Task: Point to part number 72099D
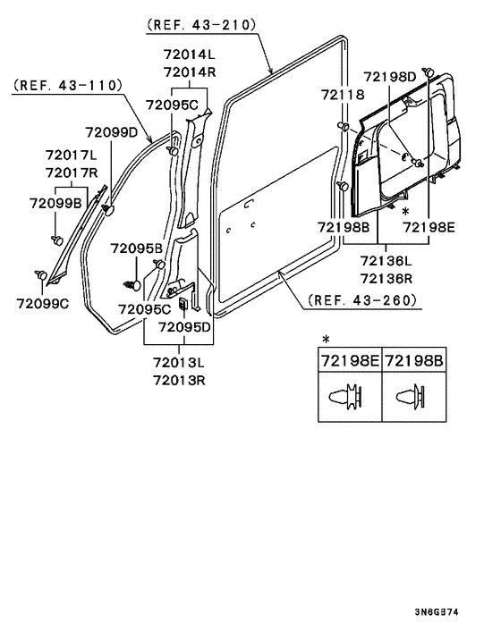click(x=112, y=133)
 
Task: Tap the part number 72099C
click(x=42, y=304)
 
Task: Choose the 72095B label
click(x=136, y=248)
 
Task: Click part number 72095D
click(x=184, y=327)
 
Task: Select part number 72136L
click(x=386, y=261)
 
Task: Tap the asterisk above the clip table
click(x=326, y=340)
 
